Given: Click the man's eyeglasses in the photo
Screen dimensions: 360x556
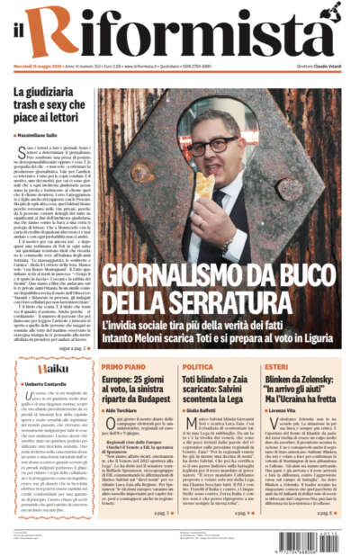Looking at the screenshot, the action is [215, 146].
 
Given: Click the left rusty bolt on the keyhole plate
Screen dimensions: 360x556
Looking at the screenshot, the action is [141, 171].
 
